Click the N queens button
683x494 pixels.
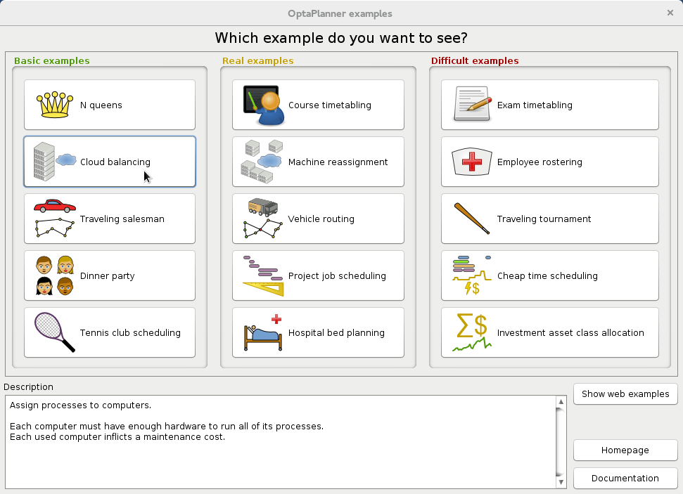(x=110, y=105)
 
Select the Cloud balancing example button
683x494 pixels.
(x=110, y=162)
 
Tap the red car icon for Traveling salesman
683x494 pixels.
(x=54, y=206)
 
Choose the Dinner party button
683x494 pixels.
(x=110, y=275)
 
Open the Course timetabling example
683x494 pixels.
(x=318, y=105)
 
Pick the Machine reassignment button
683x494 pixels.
(x=318, y=162)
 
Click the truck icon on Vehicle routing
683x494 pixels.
(x=262, y=207)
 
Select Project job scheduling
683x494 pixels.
(x=318, y=275)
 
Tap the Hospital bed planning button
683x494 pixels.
(x=318, y=332)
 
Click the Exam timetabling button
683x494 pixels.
(x=549, y=105)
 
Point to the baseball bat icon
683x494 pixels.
(x=471, y=219)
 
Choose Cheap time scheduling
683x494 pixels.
(x=549, y=275)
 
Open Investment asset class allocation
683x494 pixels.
(x=549, y=332)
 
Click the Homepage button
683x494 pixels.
(x=625, y=450)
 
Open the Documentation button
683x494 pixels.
(x=625, y=478)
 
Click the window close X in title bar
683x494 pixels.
(x=670, y=13)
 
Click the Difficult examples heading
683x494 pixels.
(x=474, y=61)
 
